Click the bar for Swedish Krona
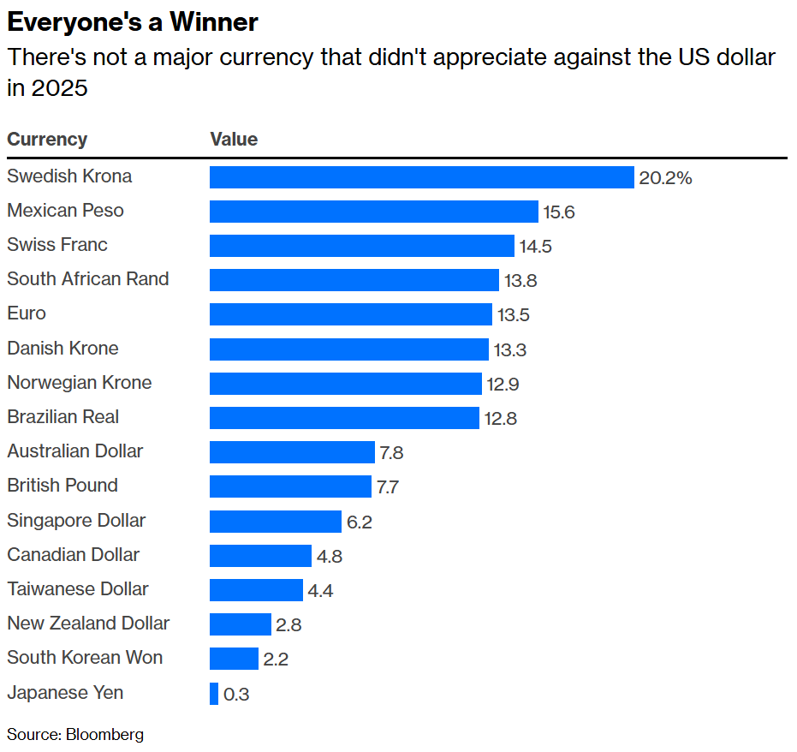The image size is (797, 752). click(x=421, y=177)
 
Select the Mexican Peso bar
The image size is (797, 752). click(x=373, y=212)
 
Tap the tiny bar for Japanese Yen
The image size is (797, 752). click(x=214, y=693)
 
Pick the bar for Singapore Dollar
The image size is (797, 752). click(x=276, y=521)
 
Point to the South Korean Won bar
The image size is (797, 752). click(x=234, y=659)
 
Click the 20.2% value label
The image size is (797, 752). click(x=665, y=178)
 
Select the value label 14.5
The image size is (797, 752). click(x=536, y=247)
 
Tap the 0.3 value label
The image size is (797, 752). click(x=236, y=694)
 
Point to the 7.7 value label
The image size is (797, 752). click(x=388, y=487)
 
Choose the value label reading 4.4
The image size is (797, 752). click(x=321, y=590)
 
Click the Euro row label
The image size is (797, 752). click(x=27, y=313)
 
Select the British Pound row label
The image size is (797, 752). click(x=62, y=486)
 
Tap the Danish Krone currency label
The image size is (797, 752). click(x=62, y=349)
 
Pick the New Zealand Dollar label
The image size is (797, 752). click(x=88, y=624)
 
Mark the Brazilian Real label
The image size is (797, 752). click(x=63, y=417)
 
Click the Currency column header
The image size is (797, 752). click(x=47, y=140)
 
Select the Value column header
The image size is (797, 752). click(x=234, y=140)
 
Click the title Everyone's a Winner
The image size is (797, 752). click(x=133, y=21)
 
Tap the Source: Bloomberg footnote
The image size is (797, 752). click(x=75, y=734)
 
